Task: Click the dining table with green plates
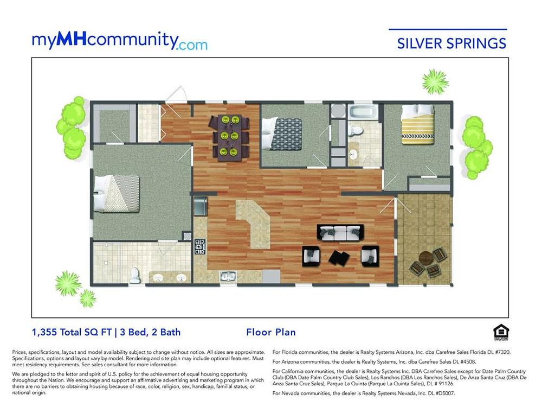click(x=229, y=138)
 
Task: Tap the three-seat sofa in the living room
click(x=340, y=233)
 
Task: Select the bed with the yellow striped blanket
click(x=417, y=125)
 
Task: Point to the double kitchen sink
click(x=228, y=276)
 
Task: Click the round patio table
click(x=426, y=257)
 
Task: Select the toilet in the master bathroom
click(x=134, y=275)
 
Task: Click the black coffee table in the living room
click(x=339, y=257)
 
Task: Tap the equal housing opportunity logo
click(x=500, y=333)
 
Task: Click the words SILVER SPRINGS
click(x=451, y=43)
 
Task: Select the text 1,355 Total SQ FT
click(x=72, y=332)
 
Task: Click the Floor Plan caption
click(x=271, y=332)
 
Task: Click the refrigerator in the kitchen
click(x=201, y=206)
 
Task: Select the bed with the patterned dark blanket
click(x=281, y=134)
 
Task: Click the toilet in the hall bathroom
click(x=355, y=130)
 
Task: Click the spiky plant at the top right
click(x=435, y=82)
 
